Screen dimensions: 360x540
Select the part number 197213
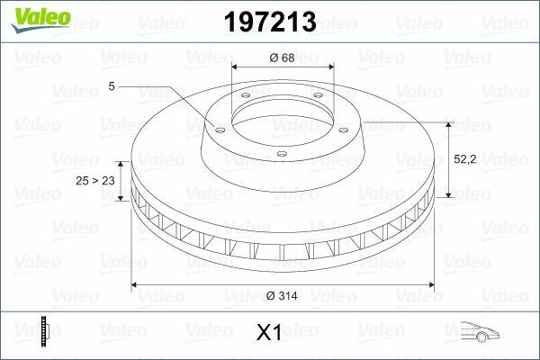[x=270, y=22]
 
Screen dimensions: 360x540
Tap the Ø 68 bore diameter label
[x=281, y=58]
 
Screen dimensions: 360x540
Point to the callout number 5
[x=111, y=86]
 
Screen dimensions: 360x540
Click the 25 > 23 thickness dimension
[x=94, y=181]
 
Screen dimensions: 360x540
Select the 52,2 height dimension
[x=465, y=158]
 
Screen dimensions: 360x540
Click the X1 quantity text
[x=269, y=333]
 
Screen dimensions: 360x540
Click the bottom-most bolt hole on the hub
[x=281, y=154]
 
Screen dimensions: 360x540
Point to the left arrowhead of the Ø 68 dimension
[x=236, y=67]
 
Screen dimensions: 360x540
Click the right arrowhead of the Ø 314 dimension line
[x=428, y=285]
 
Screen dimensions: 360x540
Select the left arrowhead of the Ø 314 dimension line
[x=136, y=285]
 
